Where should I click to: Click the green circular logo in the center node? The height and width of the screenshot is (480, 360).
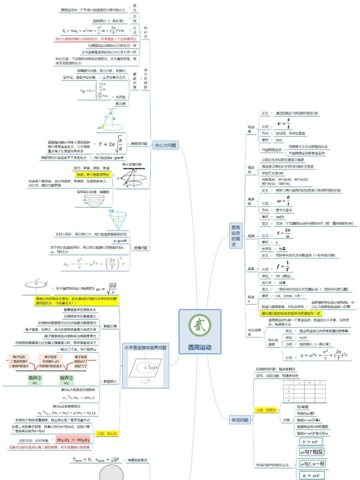(x=200, y=325)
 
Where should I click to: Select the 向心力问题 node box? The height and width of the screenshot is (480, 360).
(x=165, y=145)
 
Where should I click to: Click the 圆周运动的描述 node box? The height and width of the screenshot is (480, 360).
(x=236, y=236)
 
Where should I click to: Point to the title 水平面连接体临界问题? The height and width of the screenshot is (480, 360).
(x=145, y=348)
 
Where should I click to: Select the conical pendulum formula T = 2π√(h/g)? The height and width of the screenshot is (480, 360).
(x=111, y=144)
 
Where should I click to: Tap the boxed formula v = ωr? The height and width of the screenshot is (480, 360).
(x=310, y=441)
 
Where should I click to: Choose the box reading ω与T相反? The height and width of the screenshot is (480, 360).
(x=312, y=452)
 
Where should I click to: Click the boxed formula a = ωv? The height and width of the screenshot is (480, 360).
(x=311, y=475)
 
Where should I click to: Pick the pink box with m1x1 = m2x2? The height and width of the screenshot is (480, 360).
(x=73, y=440)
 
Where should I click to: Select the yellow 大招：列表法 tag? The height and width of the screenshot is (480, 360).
(x=265, y=410)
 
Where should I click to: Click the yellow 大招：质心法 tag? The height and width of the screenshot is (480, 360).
(x=107, y=433)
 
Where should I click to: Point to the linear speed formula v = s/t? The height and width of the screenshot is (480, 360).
(x=283, y=124)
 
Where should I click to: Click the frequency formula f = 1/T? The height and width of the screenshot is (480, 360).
(x=283, y=266)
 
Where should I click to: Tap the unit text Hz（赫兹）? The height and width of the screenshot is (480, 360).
(x=283, y=276)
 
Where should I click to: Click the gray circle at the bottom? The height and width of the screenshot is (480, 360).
(x=111, y=473)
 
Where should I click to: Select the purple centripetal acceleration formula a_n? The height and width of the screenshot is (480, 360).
(x=94, y=264)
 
